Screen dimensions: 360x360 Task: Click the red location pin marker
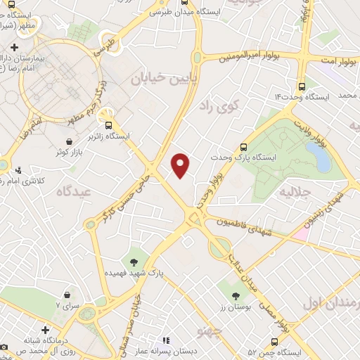point(181,165)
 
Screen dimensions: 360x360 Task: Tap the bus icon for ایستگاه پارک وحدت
point(244,148)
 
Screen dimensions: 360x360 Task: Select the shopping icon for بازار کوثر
point(68,141)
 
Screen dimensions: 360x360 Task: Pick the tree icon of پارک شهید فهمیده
point(133,262)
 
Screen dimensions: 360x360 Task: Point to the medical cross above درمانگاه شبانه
point(45,330)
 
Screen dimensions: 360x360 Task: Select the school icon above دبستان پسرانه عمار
point(167,340)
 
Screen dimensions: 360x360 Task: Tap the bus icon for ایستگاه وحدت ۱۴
point(302,86)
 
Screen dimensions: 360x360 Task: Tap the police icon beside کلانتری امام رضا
point(18,169)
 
